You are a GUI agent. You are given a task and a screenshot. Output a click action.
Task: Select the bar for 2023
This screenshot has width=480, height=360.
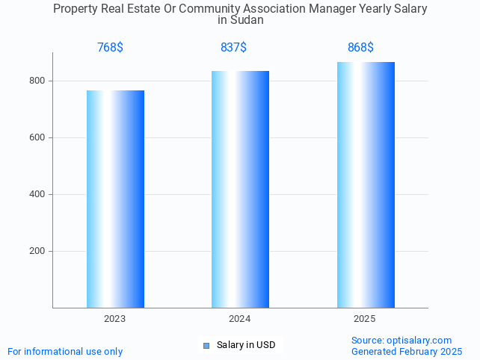tap(115, 199)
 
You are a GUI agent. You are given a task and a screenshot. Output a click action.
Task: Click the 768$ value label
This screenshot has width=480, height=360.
tap(110, 48)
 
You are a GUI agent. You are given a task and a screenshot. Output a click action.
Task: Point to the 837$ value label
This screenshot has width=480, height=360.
tap(233, 48)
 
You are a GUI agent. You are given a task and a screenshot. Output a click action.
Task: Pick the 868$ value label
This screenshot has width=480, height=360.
tap(360, 48)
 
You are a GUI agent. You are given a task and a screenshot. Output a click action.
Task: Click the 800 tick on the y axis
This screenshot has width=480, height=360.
tap(37, 81)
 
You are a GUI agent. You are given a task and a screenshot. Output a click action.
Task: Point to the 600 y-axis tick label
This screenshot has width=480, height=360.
tap(37, 137)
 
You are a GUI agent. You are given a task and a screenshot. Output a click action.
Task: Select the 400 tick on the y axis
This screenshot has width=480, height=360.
tap(37, 194)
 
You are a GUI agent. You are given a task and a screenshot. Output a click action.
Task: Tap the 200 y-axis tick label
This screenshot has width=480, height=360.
tap(37, 251)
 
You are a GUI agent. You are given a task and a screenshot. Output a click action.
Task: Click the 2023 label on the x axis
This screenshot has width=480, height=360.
tap(114, 319)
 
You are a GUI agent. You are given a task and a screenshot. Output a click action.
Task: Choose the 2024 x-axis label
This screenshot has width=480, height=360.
tap(239, 319)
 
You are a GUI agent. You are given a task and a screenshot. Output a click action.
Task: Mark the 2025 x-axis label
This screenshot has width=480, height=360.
tap(364, 319)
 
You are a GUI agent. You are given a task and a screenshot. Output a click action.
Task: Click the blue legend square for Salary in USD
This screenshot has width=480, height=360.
tap(207, 345)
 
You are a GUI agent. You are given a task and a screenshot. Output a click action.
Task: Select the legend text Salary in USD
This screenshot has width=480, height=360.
tap(246, 345)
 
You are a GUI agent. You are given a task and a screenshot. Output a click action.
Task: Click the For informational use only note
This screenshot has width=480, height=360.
tap(65, 351)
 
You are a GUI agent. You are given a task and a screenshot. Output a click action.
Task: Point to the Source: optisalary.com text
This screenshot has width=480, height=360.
tap(401, 340)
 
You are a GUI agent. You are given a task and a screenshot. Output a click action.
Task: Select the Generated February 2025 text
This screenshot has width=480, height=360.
tap(407, 351)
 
